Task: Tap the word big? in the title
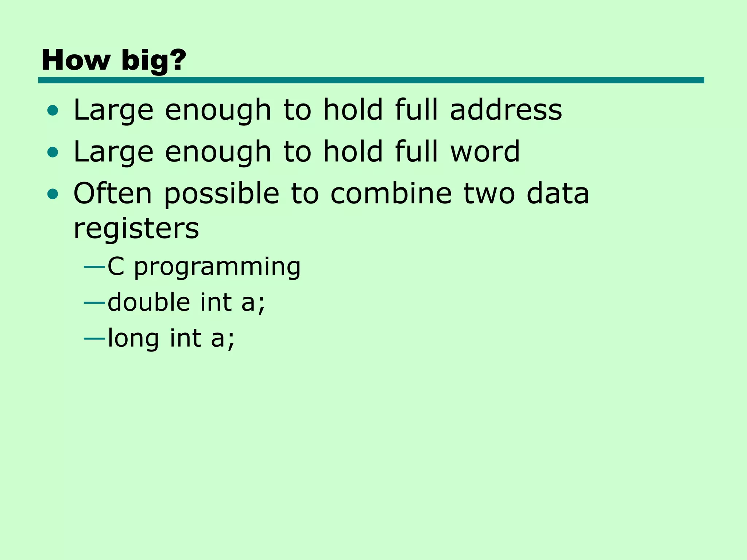[x=154, y=61]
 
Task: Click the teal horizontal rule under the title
[x=371, y=80]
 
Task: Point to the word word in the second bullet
[x=485, y=151]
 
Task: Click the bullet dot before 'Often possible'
[x=53, y=194]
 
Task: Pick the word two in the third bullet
[x=489, y=193]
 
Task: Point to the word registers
[x=136, y=230]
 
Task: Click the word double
[x=149, y=302]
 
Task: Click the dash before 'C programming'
[x=94, y=267]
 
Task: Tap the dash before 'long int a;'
[x=94, y=339]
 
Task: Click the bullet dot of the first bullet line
[x=53, y=110]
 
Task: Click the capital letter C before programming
[x=116, y=267]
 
